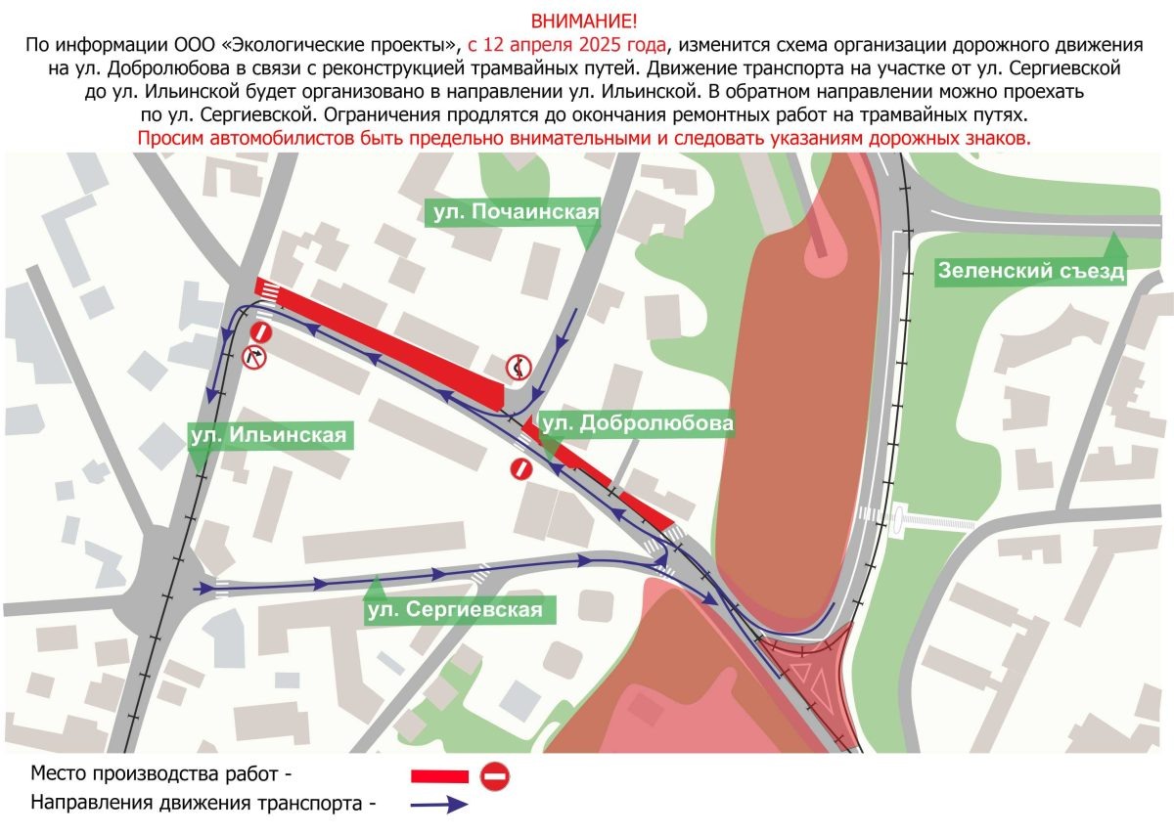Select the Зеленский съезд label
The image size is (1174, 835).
click(1031, 271)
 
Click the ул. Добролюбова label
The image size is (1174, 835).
click(636, 423)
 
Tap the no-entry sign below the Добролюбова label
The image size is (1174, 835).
click(522, 468)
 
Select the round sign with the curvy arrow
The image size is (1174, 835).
click(518, 368)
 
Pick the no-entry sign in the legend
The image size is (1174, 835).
click(495, 776)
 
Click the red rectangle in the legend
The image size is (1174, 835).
click(439, 776)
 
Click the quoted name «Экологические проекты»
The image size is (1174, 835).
click(362, 45)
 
